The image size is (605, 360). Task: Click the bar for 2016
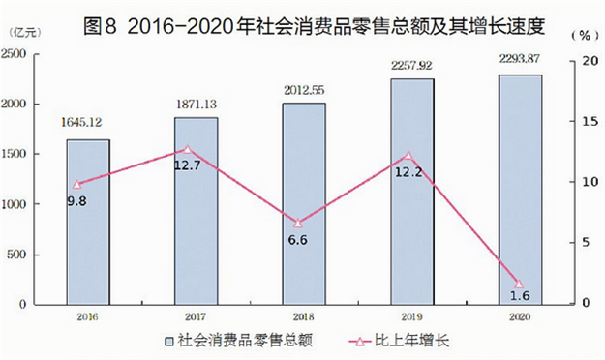point(88,221)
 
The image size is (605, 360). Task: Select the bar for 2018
point(304,202)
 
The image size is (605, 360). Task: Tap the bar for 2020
point(520,189)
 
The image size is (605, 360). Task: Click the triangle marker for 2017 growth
point(188,150)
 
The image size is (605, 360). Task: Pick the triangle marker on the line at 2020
point(519,284)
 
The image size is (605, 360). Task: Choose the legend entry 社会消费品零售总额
point(247,341)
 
